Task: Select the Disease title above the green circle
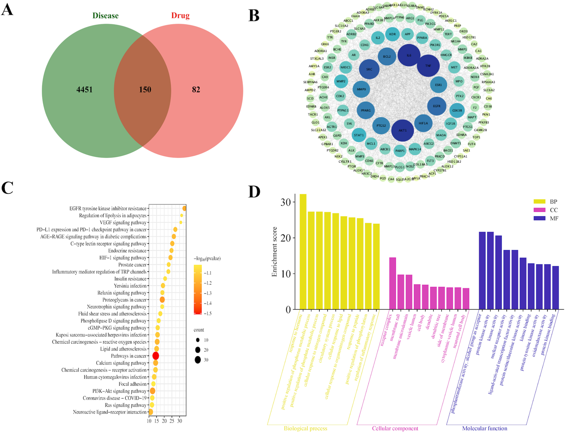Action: click(106, 16)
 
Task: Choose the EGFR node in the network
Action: click(437, 106)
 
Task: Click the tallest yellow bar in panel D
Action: click(303, 253)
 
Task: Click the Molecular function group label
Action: click(485, 428)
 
